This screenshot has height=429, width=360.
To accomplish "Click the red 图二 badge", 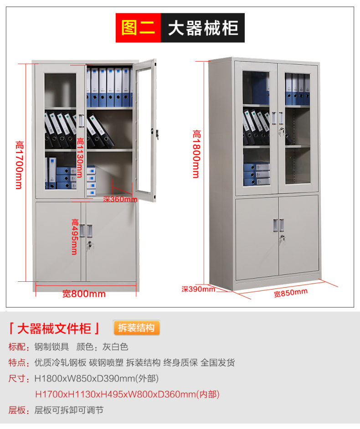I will (x=138, y=28).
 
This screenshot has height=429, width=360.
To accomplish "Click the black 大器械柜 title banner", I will (x=203, y=28).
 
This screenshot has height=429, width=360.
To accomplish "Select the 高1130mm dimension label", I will (x=80, y=157).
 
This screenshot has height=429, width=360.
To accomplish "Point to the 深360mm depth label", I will (x=120, y=199).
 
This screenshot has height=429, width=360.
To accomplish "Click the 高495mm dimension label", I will (x=74, y=237).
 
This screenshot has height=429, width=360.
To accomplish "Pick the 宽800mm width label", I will (x=84, y=294).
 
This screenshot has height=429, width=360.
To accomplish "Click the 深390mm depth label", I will (x=198, y=289).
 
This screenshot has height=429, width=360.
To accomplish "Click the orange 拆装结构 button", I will (x=136, y=328).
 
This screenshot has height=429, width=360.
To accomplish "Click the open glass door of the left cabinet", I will (x=146, y=130).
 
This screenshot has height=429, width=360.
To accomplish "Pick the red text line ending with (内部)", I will (x=130, y=394).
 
